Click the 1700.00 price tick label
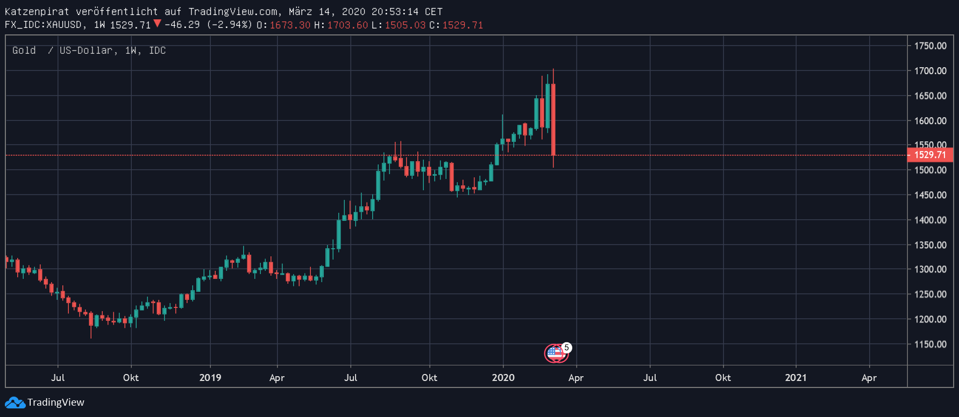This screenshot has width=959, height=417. click(930, 71)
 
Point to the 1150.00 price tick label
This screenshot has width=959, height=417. click(930, 344)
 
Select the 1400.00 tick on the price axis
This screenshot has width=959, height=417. click(930, 220)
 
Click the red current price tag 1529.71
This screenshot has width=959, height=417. click(930, 155)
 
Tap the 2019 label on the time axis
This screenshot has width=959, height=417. click(210, 378)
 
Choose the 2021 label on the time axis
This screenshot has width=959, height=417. click(795, 378)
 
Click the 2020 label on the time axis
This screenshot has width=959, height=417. click(503, 378)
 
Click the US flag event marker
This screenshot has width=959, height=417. click(555, 354)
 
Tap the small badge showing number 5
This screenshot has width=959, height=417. click(566, 348)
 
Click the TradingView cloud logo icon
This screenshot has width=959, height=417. click(15, 402)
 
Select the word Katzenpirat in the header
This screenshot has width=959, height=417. click(37, 12)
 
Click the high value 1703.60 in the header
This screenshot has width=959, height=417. click(347, 25)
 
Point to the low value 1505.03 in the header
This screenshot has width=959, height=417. click(405, 25)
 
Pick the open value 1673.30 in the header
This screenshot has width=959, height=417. click(290, 25)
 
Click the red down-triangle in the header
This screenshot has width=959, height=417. click(157, 23)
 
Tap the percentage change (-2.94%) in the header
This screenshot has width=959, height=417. click(230, 25)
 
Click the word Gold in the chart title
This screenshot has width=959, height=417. click(24, 51)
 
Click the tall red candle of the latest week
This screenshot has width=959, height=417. click(553, 118)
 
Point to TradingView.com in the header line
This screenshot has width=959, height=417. click(233, 12)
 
